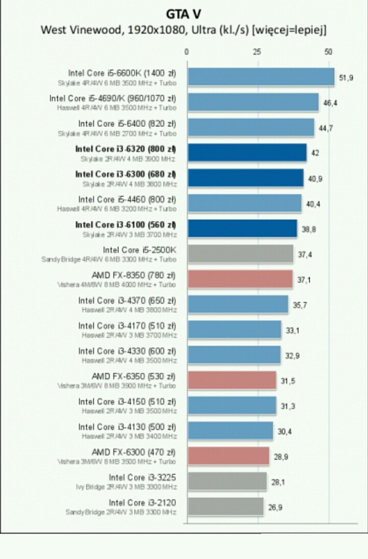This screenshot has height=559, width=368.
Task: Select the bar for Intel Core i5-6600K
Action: (261, 77)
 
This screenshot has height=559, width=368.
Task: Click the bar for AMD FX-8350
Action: (240, 279)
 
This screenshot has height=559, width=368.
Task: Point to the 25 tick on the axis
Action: (257, 52)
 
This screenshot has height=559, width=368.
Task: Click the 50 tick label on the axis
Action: (328, 52)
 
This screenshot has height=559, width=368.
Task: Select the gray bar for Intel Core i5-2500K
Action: (241, 254)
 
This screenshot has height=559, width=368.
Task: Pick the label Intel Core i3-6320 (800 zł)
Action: (125, 149)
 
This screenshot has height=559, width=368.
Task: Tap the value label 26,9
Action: (275, 507)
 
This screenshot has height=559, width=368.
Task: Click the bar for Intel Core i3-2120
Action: (225, 507)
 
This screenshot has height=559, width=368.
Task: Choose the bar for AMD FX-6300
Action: (228, 456)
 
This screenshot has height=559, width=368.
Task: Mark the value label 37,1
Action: (305, 279)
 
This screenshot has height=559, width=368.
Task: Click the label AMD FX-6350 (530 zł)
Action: (133, 376)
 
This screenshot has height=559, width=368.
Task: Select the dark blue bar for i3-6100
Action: (242, 229)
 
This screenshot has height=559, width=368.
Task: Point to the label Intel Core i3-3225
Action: (142, 477)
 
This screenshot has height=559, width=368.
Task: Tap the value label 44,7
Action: (326, 128)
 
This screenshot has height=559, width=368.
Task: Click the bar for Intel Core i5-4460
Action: (244, 203)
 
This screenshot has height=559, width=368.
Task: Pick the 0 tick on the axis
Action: (187, 52)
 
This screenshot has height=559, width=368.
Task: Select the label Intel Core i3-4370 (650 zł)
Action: (127, 300)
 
